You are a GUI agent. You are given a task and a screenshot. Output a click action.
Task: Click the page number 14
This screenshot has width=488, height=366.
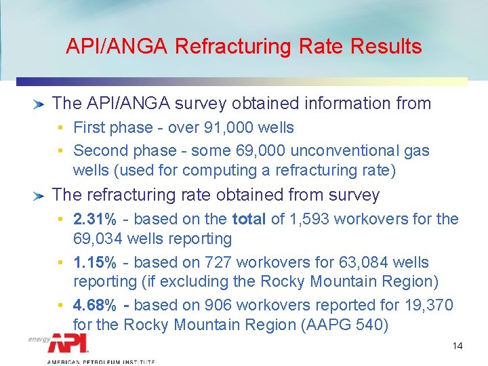[x=457, y=346]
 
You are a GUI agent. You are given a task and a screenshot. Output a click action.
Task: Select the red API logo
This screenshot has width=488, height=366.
[x=68, y=343]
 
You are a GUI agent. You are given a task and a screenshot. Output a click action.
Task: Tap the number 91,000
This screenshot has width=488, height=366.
[x=222, y=127]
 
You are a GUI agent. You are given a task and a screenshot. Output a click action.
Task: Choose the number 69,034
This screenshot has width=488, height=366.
[x=99, y=239]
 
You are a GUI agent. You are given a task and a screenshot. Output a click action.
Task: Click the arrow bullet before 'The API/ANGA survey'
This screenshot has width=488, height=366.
[x=39, y=104]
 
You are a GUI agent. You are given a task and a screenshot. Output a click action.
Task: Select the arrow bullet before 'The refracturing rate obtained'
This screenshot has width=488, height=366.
[x=39, y=196]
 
